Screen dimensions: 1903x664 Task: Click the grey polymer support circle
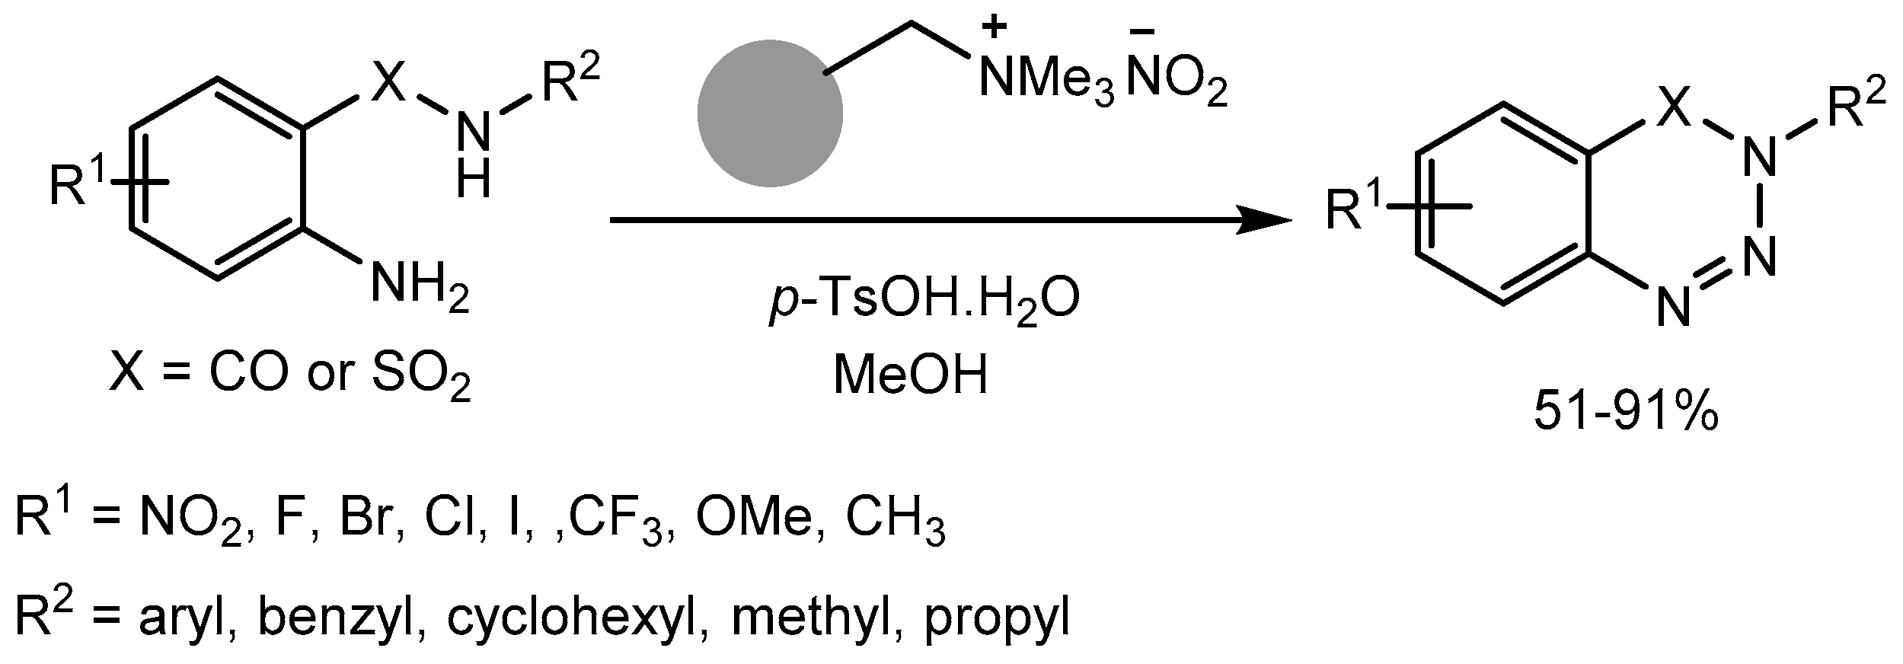click(770, 113)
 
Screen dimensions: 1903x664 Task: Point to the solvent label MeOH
click(911, 375)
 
